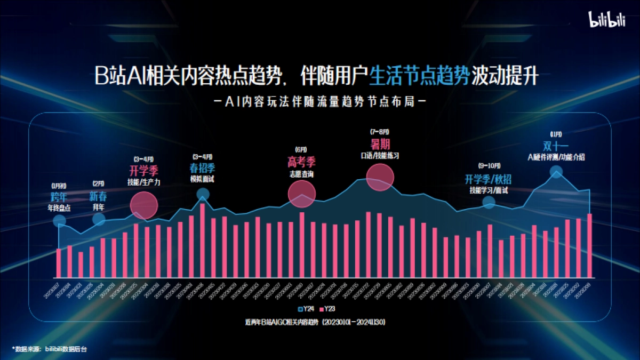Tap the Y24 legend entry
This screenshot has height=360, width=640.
click(301, 309)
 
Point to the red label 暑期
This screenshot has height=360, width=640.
click(380, 144)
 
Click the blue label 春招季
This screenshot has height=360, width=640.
click(202, 168)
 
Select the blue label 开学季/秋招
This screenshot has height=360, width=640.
click(488, 179)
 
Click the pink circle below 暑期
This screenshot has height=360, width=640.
click(380, 177)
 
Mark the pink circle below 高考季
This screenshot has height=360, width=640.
click(302, 193)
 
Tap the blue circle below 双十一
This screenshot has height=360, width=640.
click(556, 172)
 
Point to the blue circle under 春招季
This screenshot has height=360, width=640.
click(203, 194)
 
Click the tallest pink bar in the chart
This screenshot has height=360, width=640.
click(203, 241)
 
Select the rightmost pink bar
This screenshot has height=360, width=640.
click(589, 245)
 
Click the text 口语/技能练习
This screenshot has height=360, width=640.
click(380, 155)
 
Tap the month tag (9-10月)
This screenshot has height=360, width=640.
click(488, 166)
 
